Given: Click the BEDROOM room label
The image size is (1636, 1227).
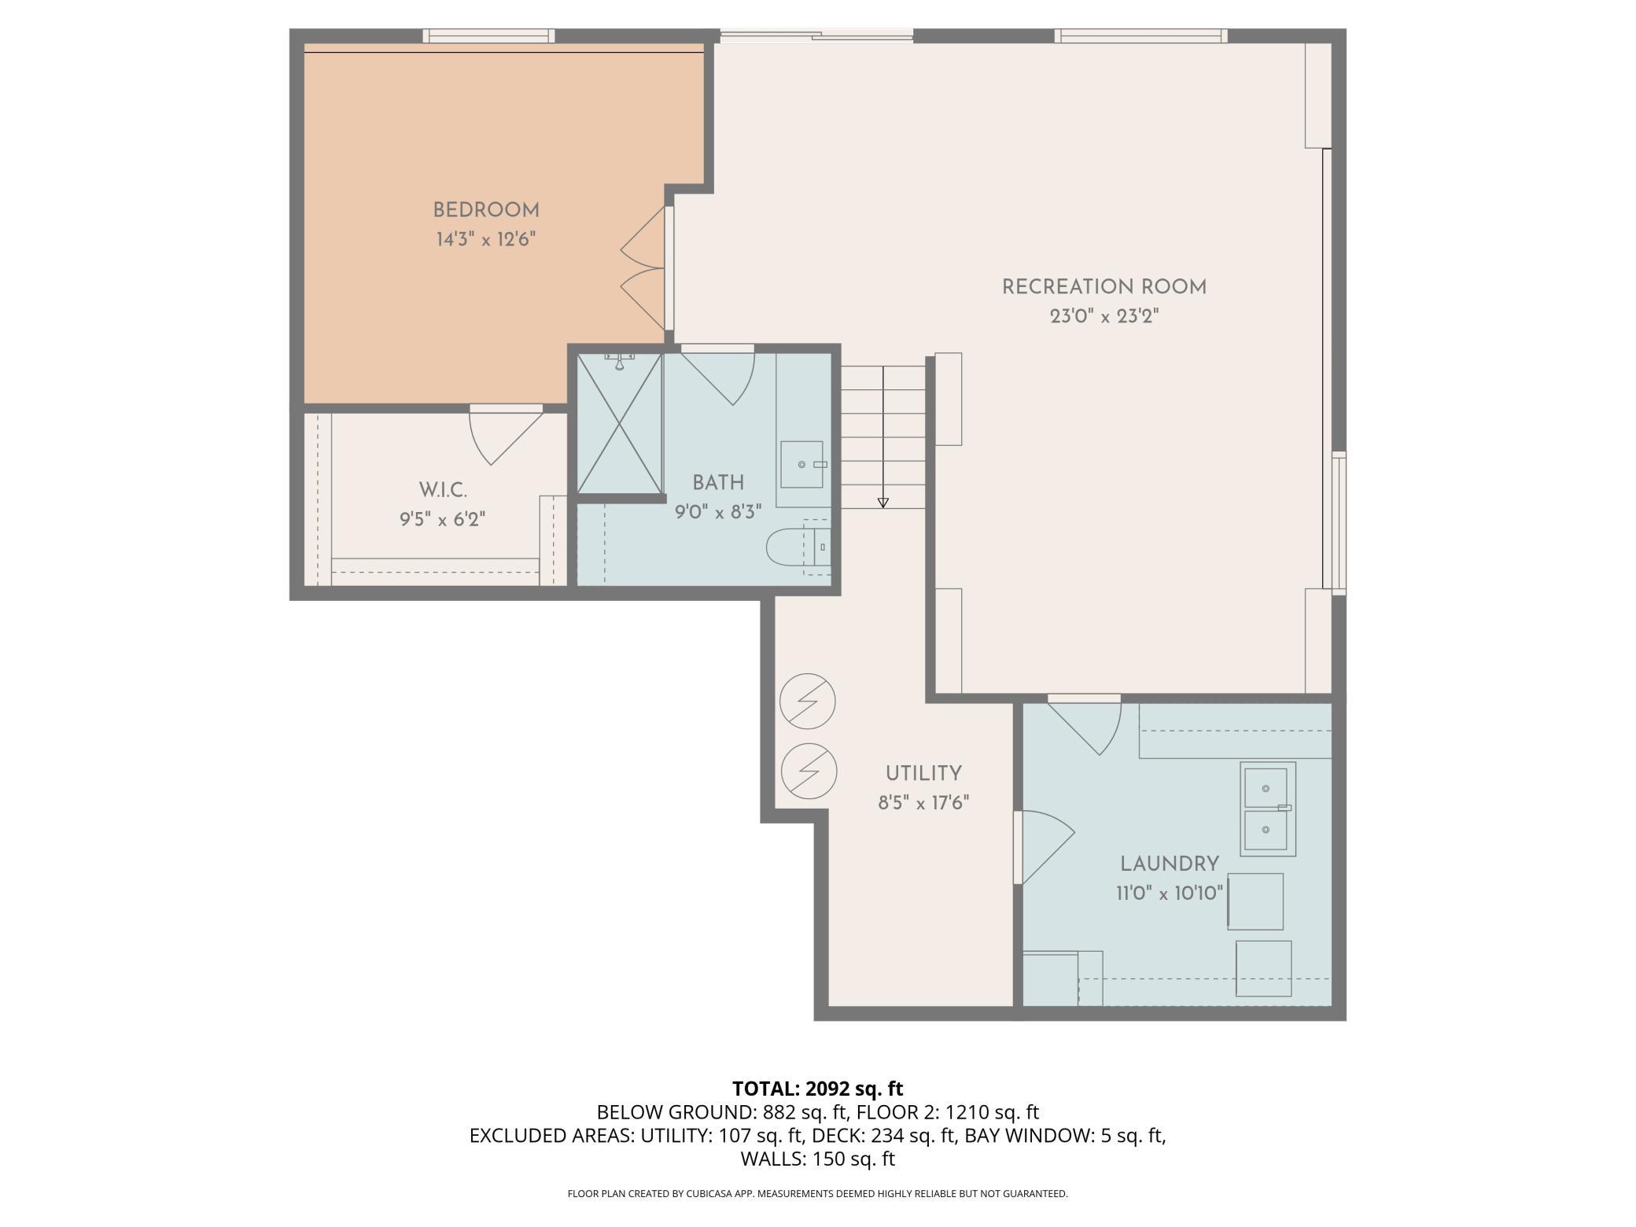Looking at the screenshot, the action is (486, 210).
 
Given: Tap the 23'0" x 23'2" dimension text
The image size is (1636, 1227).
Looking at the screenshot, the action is (1104, 316).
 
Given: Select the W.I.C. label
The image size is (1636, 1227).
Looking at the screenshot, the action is (443, 490).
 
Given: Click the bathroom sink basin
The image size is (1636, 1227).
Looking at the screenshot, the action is (801, 464).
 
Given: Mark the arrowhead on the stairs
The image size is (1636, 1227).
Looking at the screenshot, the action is (882, 503).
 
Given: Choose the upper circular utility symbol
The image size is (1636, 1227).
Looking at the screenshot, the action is (808, 701).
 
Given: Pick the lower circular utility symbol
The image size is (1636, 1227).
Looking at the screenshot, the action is (808, 771).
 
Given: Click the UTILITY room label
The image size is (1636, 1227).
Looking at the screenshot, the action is (923, 773).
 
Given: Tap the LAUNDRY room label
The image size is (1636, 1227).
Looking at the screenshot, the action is (1170, 864).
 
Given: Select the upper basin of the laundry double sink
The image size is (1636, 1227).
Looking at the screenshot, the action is (1265, 787).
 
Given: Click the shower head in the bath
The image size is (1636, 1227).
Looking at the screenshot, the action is (620, 362).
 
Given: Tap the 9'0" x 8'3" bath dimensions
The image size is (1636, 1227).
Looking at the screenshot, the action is (718, 512).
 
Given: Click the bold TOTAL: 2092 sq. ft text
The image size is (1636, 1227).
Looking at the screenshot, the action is (818, 1089).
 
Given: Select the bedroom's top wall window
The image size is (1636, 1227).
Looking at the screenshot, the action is (488, 35).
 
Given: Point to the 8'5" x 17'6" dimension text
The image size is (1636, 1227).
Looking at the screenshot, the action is (923, 803).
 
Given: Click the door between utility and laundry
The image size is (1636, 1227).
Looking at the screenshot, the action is (1044, 847).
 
